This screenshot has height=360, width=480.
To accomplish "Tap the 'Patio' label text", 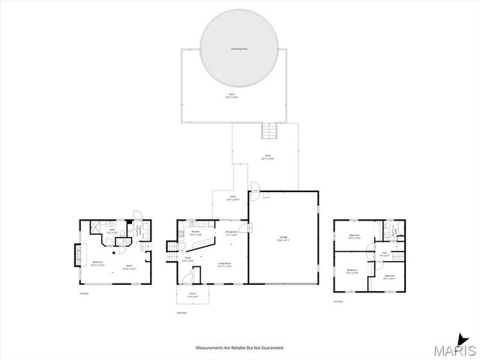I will pos(267,156).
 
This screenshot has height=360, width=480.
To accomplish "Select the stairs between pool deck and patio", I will pos(269,131).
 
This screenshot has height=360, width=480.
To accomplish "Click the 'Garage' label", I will pos(282,238).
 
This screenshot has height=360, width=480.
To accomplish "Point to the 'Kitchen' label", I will pos(195,232).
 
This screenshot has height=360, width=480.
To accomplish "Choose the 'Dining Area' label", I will pos(231,232).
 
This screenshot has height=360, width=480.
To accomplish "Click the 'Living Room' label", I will pos(224,263).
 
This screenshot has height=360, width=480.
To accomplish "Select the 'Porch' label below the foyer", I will pos(192,293).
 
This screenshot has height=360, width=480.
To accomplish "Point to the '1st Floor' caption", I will pos(84,294).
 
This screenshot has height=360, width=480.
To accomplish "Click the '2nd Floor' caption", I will pos(181,312).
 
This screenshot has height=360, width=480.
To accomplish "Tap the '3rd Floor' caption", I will pos(338,301).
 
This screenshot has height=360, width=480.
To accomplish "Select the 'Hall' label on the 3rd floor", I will pos(384,253).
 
